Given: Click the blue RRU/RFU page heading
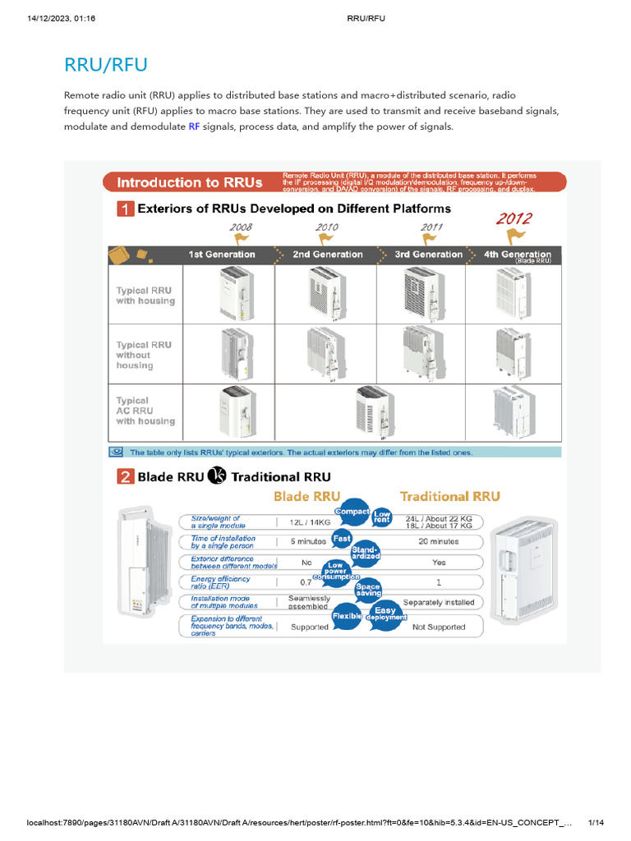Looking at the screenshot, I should (x=106, y=65).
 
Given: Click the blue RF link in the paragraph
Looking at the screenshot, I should (x=195, y=127).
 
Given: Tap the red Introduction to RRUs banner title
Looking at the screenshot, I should (x=190, y=182).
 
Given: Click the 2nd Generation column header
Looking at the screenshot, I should (x=327, y=255).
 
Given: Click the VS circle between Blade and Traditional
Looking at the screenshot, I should (x=218, y=476).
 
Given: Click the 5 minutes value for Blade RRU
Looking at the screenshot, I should (x=308, y=541).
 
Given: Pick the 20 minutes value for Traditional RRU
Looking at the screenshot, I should (x=438, y=541).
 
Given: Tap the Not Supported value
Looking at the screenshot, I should (x=438, y=627).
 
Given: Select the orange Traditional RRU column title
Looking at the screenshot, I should (x=449, y=496).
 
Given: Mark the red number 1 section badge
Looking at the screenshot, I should (x=124, y=209).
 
